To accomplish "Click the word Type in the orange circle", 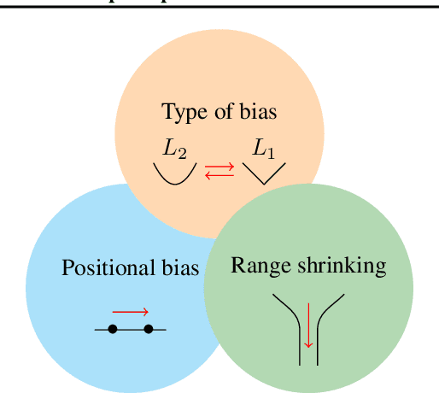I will [181, 112].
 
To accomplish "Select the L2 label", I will [175, 150].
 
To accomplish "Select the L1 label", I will [264, 150].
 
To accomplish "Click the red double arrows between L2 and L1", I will [219, 172].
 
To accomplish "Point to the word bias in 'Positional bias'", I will [180, 267].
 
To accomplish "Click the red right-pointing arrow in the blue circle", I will [131, 312].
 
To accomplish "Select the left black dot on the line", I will [112, 329].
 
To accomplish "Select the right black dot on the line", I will [149, 329].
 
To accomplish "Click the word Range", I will [255, 265].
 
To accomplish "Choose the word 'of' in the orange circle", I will [224, 112].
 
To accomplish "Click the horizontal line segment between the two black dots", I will [131, 329].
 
